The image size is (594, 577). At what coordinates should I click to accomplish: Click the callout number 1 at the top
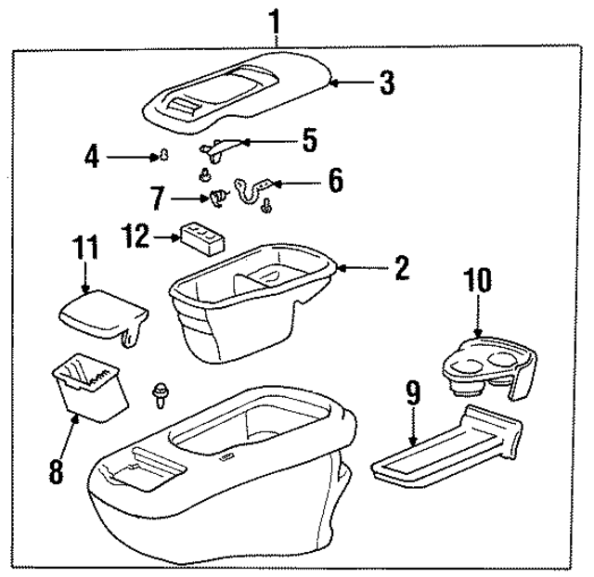[274, 19]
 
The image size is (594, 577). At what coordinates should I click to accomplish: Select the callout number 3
[386, 83]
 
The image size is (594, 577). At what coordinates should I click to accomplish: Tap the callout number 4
[91, 157]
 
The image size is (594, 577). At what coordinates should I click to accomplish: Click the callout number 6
[334, 179]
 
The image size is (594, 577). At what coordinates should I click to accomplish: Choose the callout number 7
[160, 197]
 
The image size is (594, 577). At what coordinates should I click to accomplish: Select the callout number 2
[401, 268]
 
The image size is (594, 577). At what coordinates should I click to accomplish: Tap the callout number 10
[479, 280]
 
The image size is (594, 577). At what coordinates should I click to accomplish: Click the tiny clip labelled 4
[164, 156]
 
